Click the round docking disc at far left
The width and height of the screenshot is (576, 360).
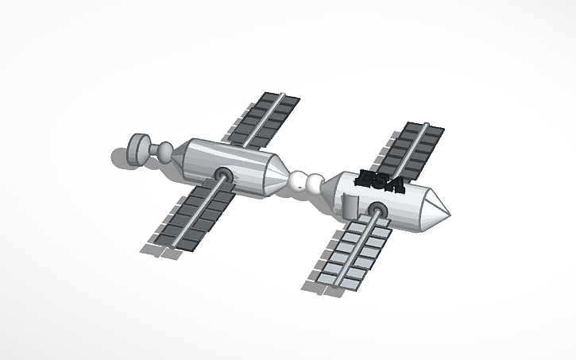pyautogui.click(x=139, y=148)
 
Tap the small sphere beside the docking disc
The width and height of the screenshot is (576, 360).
pyautogui.click(x=165, y=150)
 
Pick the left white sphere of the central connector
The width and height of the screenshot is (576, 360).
pyautogui.click(x=300, y=182)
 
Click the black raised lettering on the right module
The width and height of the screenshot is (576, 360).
pyautogui.click(x=380, y=180)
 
